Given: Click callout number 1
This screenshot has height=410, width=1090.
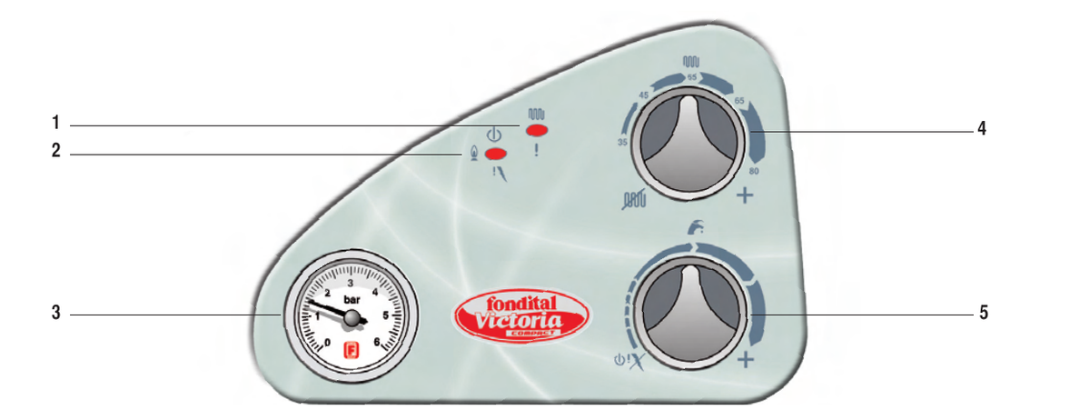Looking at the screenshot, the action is point(56,122).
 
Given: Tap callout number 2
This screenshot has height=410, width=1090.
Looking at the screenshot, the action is point(56,151).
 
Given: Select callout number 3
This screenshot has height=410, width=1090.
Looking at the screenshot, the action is point(56,312).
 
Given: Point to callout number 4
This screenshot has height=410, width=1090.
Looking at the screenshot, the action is point(982,128).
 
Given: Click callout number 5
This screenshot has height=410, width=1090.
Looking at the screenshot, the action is point(984,313).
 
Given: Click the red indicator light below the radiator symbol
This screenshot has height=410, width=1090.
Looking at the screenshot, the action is point(537,130).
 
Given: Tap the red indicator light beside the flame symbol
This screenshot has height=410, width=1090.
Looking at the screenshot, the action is point(496,154).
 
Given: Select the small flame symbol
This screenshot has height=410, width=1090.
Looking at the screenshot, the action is point(473,153).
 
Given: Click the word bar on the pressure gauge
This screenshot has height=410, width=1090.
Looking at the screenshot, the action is point(352,299).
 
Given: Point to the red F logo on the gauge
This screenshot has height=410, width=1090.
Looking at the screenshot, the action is point(351,350).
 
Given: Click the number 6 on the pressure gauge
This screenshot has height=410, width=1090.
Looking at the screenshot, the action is point(377,342).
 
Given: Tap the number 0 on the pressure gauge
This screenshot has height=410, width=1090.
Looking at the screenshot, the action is point(327,343).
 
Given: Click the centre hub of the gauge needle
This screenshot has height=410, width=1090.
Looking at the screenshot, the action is point(352,318).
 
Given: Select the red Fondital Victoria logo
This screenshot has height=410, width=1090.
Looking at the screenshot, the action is point(521,315).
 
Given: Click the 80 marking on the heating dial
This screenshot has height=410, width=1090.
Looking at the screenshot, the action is point(754,171).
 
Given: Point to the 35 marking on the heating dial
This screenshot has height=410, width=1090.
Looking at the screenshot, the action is point(622,142).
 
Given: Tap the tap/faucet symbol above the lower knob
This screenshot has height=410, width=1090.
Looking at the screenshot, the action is point(696,227).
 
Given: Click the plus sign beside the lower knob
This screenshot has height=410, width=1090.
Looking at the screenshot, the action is point(746,360).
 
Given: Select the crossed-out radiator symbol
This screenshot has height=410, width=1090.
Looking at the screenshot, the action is point(634,199).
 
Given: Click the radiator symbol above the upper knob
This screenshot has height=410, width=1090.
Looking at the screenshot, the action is point(691,61).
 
